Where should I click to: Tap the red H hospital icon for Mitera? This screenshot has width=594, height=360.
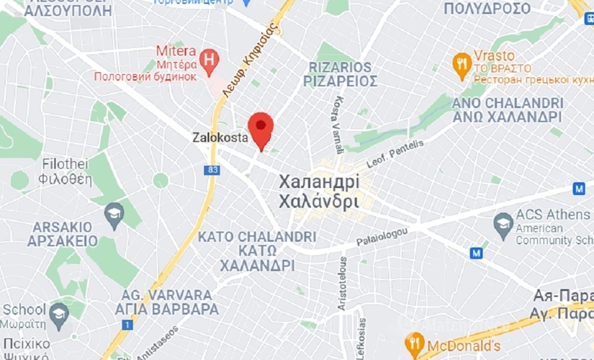click(210, 61)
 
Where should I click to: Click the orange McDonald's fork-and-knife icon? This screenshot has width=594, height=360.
click(414, 343)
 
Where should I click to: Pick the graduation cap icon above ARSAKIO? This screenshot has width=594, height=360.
click(114, 213)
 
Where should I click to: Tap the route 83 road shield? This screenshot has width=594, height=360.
click(212, 170)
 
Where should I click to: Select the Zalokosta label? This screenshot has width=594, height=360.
click(220, 136)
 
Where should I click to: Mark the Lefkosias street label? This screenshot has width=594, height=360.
click(361, 338)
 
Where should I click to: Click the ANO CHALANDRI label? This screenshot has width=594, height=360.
click(506, 103)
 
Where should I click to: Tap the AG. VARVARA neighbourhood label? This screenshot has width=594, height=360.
click(166, 295)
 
